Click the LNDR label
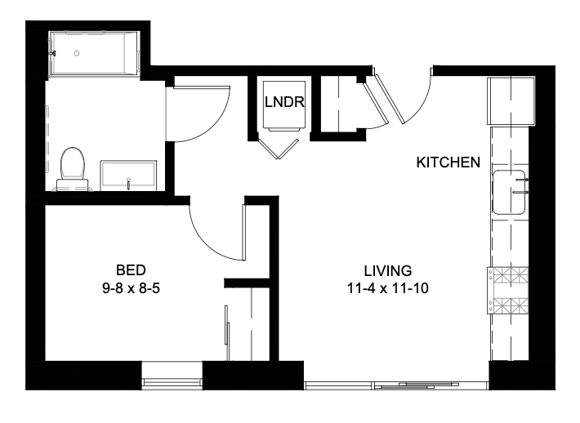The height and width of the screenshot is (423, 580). [x=284, y=102]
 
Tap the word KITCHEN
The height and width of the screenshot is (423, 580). [x=448, y=163]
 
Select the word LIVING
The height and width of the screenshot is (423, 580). [x=388, y=271]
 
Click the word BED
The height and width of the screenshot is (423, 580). [x=131, y=270]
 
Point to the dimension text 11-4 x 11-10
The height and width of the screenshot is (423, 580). [x=388, y=288]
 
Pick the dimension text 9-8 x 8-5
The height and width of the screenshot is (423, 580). [x=131, y=288]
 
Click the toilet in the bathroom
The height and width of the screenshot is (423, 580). [x=72, y=169]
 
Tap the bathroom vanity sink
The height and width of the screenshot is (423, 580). [x=128, y=176]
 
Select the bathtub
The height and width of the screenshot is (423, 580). [x=94, y=54]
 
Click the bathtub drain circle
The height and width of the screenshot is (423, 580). [x=77, y=53]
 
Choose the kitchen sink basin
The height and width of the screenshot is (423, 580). [x=509, y=192]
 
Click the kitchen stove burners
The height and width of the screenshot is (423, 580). [x=508, y=291]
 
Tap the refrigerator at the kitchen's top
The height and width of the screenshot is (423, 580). [x=511, y=100]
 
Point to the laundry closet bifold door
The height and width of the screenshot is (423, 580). [x=279, y=149]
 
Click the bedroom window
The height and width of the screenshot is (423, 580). [x=172, y=381]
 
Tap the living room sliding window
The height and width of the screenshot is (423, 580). [x=396, y=385]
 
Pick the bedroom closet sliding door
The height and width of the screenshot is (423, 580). [x=227, y=333]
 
